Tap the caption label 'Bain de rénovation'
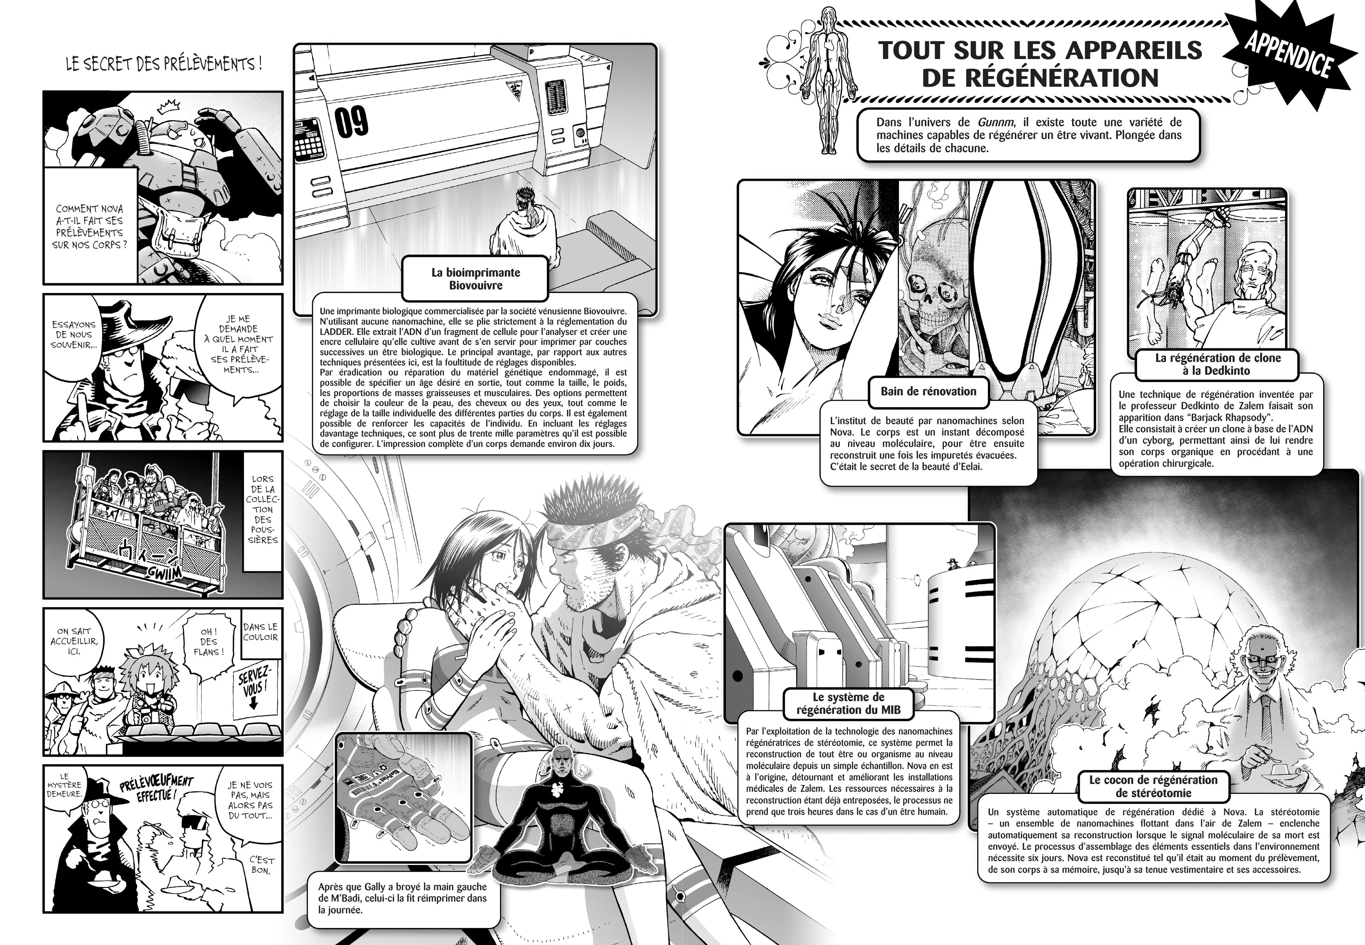click(928, 391)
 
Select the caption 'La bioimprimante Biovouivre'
click(475, 279)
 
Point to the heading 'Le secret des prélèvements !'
click(164, 64)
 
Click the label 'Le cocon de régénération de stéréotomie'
click(1153, 786)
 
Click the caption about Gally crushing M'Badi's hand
click(402, 898)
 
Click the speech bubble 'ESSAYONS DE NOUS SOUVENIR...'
click(74, 335)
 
